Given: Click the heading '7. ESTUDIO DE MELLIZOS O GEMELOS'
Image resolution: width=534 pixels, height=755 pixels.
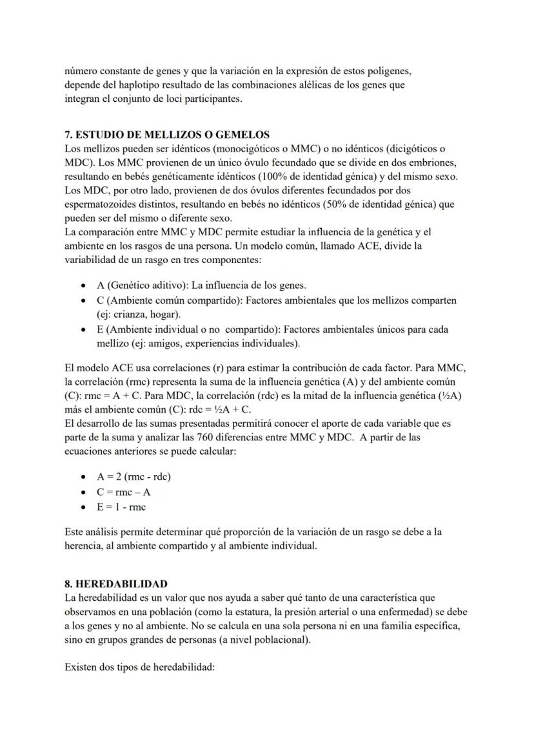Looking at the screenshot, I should coord(167,135).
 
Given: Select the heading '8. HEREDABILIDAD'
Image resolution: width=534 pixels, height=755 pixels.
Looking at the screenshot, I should coord(116,583).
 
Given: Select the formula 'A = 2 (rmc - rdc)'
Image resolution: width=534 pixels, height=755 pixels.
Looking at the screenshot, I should coord(133,477).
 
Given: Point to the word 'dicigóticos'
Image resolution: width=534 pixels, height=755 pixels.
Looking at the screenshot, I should coord(410,148).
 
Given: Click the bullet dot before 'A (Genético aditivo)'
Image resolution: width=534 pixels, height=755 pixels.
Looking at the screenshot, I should coord(84,286).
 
